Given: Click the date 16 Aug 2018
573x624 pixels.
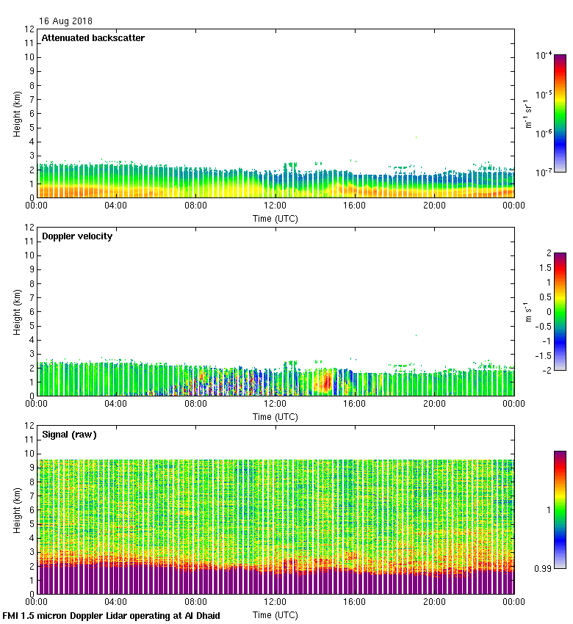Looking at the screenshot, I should click(x=66, y=21).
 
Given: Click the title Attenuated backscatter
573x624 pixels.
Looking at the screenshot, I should click(x=93, y=38).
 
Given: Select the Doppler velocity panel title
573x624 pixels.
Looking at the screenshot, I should click(x=77, y=236).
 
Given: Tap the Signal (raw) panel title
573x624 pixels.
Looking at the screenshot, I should click(x=69, y=435).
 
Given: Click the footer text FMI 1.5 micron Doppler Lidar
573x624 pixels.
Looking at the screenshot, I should click(x=111, y=615).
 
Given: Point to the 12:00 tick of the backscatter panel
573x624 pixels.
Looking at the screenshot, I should click(x=275, y=206).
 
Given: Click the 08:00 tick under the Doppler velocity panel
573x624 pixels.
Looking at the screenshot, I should click(x=195, y=404).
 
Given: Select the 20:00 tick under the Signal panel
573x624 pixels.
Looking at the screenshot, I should click(x=433, y=602).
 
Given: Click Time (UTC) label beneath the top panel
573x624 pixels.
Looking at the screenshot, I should click(x=275, y=218).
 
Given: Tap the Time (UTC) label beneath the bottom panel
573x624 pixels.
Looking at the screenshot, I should click(x=275, y=614).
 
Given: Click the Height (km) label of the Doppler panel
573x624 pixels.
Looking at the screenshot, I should click(x=16, y=312).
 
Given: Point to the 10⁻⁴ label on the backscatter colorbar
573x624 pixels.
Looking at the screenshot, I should click(x=544, y=55).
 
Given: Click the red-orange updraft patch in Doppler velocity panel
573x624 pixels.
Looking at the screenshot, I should click(x=323, y=382).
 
